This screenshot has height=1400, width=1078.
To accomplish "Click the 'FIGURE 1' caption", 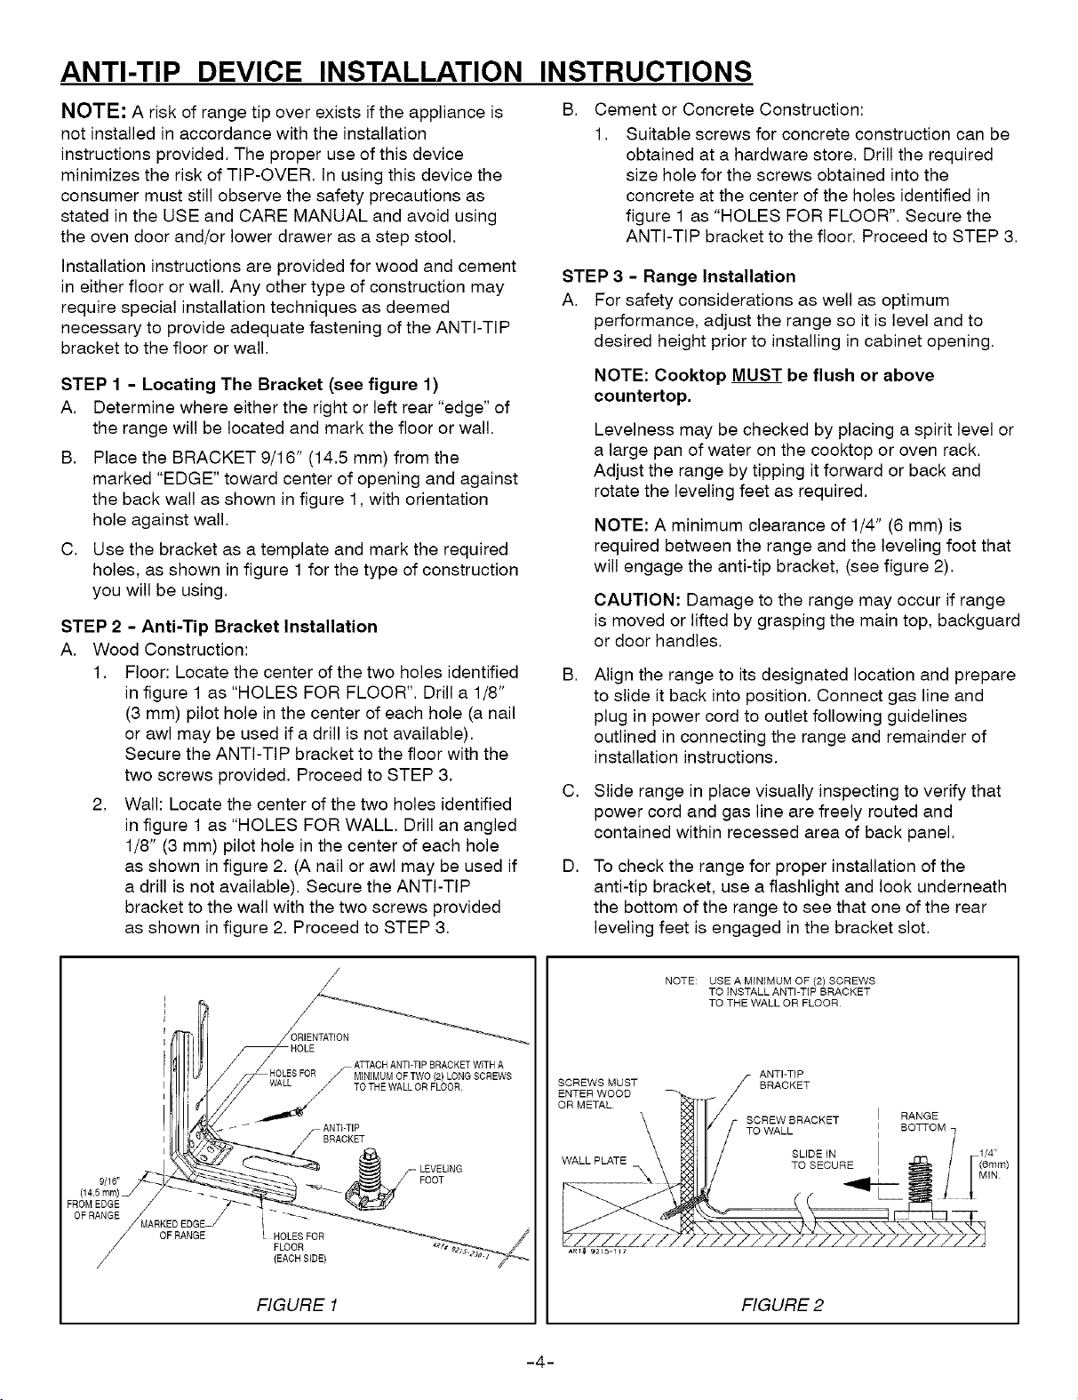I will (297, 1304).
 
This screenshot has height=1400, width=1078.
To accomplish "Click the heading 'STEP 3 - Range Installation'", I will (680, 276).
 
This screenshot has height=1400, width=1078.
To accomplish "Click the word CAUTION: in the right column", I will (635, 600).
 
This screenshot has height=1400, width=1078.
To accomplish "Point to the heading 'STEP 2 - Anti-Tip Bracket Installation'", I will (219, 626).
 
